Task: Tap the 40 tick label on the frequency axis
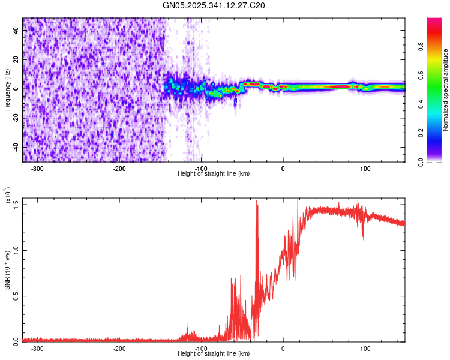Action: [x=16, y=31]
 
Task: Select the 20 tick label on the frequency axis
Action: [x=16, y=60]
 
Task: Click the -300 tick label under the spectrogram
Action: [x=37, y=167]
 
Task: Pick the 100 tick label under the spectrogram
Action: [x=364, y=167]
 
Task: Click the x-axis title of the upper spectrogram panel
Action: [x=214, y=173]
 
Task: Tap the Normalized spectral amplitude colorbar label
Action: [x=445, y=90]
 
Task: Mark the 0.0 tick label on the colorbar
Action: [x=439, y=161]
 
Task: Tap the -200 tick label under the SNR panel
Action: [x=119, y=348]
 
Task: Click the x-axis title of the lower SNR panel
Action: [x=214, y=353]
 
